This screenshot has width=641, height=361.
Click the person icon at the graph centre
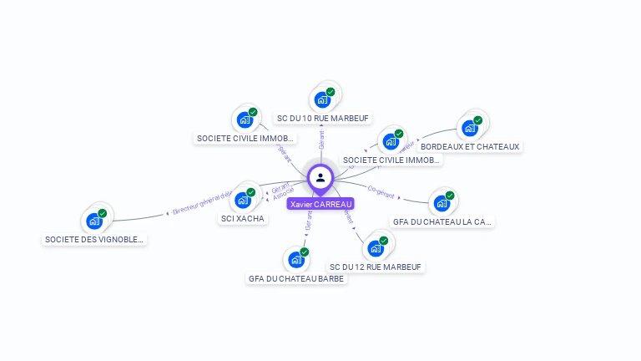click(x=320, y=177)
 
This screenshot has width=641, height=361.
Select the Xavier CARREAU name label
click(x=320, y=204)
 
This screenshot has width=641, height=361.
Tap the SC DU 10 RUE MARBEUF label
click(x=323, y=119)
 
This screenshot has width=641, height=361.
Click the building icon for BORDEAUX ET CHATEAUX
click(x=470, y=129)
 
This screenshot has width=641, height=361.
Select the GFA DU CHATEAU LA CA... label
click(x=442, y=222)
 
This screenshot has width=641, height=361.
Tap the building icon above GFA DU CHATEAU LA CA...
click(x=442, y=203)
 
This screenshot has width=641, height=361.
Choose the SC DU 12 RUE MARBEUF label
click(x=376, y=267)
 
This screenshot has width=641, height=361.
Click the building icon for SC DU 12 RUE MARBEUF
click(x=376, y=248)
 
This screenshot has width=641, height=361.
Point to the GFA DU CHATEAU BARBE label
click(x=296, y=279)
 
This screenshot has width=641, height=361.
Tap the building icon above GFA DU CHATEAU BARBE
click(x=296, y=260)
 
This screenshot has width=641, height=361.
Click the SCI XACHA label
click(x=243, y=219)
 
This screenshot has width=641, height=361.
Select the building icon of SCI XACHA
click(x=243, y=200)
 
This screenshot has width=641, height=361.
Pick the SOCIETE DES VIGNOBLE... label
click(x=94, y=240)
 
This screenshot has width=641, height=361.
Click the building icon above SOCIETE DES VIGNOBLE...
click(x=93, y=221)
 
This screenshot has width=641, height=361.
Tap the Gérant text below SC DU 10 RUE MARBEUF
click(x=321, y=140)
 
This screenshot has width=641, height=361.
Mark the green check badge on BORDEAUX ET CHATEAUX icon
click(x=478, y=120)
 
